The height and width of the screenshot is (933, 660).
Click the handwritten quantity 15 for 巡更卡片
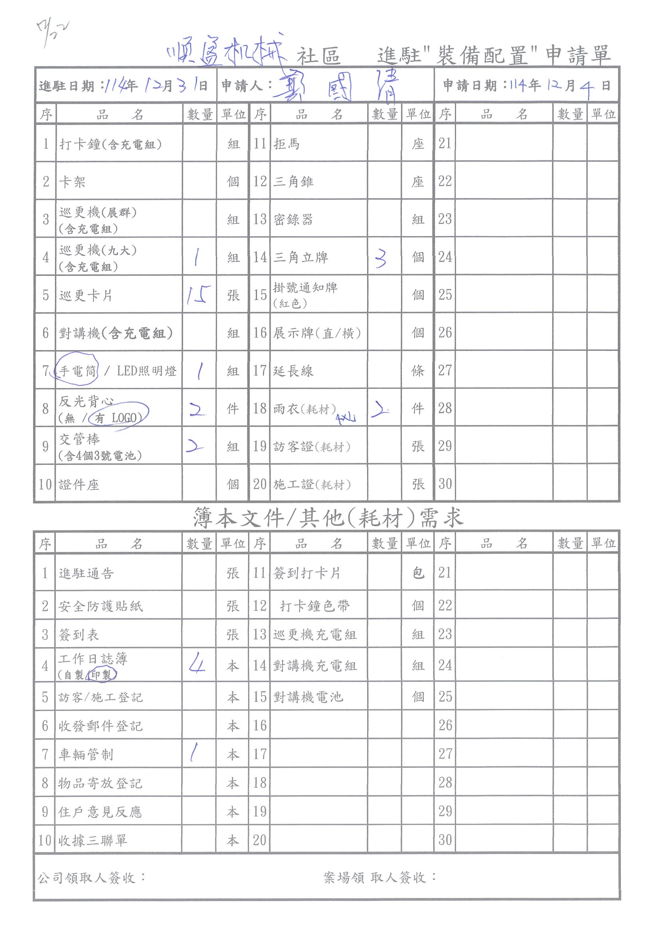(198, 295)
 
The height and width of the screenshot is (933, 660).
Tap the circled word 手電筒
(77, 370)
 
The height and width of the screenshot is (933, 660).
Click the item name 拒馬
(287, 144)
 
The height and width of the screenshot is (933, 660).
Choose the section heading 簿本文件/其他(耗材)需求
(328, 518)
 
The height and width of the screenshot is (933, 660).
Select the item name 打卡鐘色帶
(314, 606)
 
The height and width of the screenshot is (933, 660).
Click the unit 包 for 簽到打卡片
(418, 573)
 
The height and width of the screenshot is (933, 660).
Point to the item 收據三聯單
(93, 840)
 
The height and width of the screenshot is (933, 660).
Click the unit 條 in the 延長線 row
(418, 370)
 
